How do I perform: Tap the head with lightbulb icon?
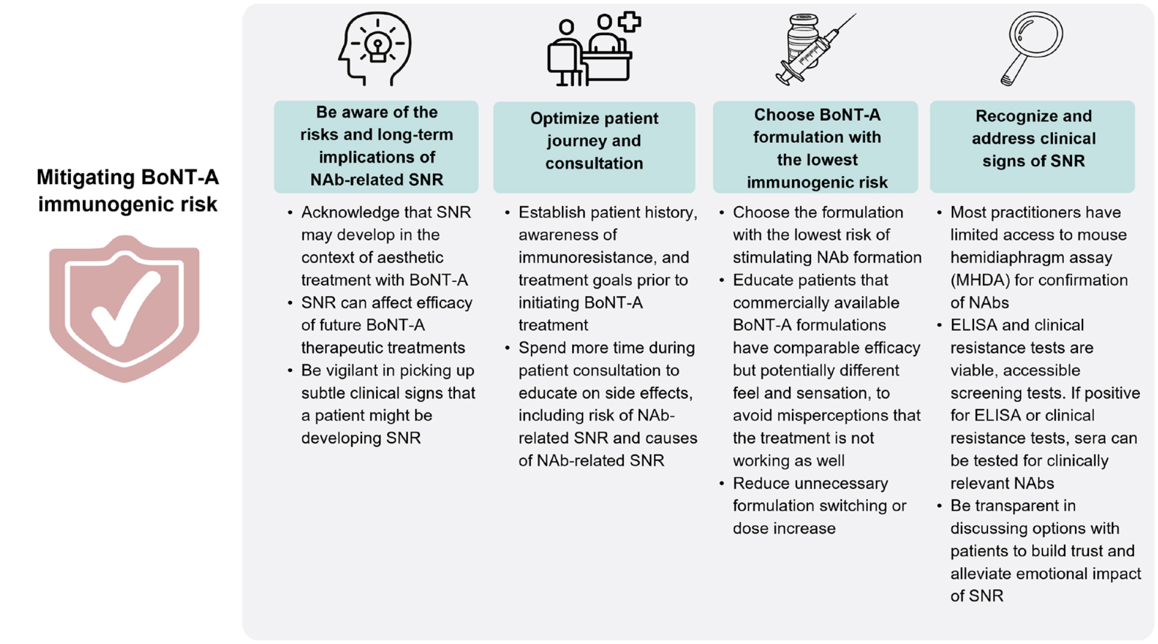click(x=375, y=49)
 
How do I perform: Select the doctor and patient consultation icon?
click(x=594, y=49)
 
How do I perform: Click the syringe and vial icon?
click(x=815, y=49)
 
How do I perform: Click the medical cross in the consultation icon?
click(x=630, y=22)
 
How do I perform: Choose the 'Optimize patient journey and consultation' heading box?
click(x=594, y=147)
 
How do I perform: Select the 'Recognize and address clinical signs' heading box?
click(x=1032, y=146)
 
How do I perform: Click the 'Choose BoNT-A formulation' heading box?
click(x=815, y=147)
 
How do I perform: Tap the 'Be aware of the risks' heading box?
click(x=376, y=146)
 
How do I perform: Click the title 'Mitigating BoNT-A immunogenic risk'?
click(x=128, y=191)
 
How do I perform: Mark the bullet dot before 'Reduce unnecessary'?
click(x=722, y=484)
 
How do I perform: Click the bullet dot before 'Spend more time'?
click(x=507, y=348)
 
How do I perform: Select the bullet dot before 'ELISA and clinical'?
click(x=939, y=325)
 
